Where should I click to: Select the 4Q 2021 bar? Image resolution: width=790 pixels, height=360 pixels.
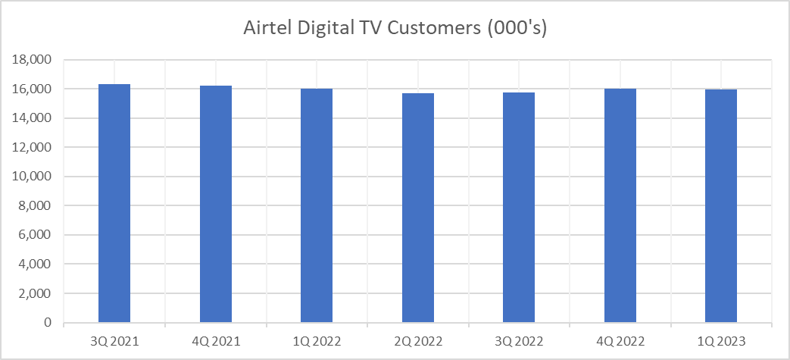pyautogui.click(x=216, y=204)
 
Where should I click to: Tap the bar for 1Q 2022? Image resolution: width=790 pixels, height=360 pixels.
pyautogui.click(x=317, y=205)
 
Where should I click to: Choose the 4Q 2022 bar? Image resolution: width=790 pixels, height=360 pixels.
pyautogui.click(x=620, y=205)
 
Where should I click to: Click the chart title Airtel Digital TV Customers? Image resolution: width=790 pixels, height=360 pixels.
pyautogui.click(x=395, y=28)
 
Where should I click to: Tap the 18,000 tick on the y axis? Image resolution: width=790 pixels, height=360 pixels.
pyautogui.click(x=33, y=60)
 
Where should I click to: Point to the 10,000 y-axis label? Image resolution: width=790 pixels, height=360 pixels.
pyautogui.click(x=33, y=177)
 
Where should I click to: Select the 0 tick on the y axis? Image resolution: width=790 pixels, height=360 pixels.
pyautogui.click(x=47, y=323)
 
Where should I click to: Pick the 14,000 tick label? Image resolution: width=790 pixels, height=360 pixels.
pyautogui.click(x=33, y=118)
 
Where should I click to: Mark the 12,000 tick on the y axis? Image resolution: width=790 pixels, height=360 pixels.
pyautogui.click(x=33, y=148)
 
